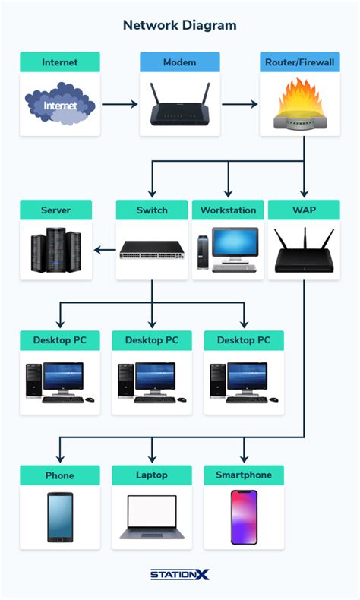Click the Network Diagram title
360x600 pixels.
click(179, 25)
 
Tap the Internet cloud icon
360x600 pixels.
click(60, 106)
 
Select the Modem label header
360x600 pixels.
click(180, 62)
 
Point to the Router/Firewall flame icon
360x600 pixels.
click(299, 106)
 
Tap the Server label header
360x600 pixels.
click(56, 210)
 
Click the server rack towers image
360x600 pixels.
click(56, 251)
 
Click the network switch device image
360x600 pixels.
click(152, 250)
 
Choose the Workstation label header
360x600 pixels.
click(228, 210)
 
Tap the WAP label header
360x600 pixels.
click(304, 210)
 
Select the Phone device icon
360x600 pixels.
click(60, 518)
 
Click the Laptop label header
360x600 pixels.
click(152, 475)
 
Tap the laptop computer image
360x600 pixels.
click(152, 518)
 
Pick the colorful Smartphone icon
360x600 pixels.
click(244, 517)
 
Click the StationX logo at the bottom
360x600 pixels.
click(180, 576)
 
